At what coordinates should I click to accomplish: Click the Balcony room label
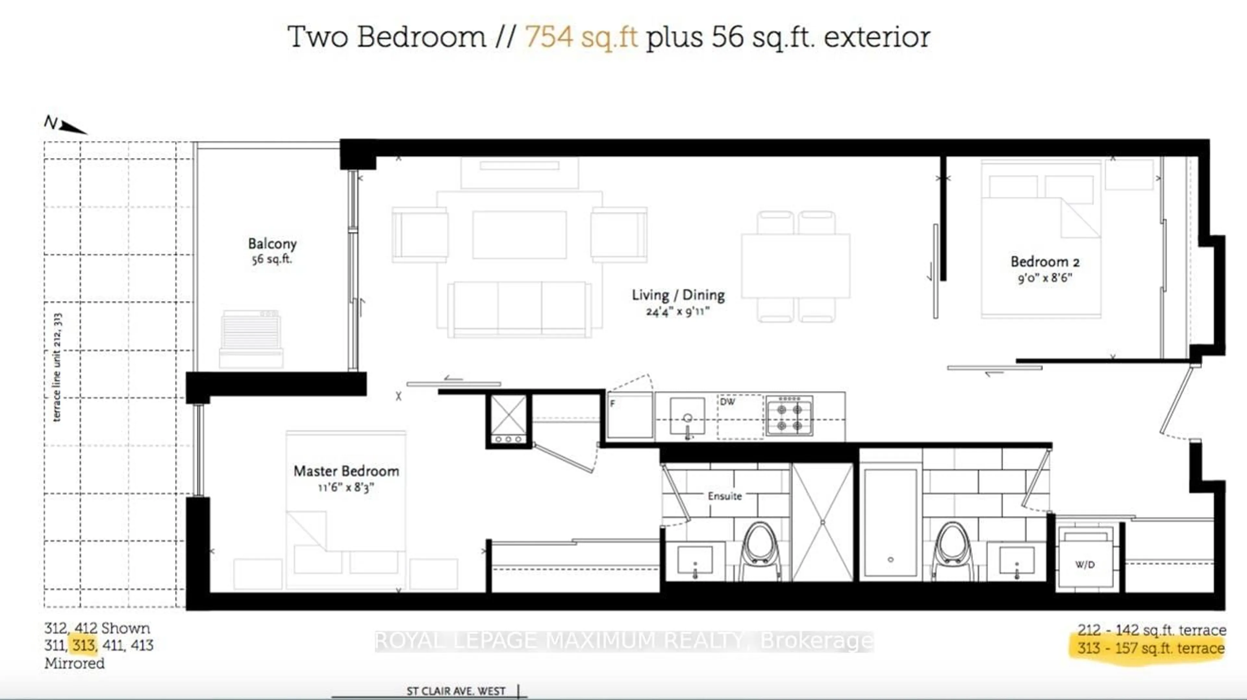[272, 244]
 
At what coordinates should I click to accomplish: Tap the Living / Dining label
[678, 295]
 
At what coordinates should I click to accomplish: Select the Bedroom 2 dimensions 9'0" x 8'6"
[1045, 278]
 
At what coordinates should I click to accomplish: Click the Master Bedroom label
[346, 471]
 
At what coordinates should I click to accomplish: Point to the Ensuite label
[725, 496]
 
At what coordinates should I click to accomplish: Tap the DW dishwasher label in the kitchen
[727, 402]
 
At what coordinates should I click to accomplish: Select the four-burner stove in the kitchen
[789, 416]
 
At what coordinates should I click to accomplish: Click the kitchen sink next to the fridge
[687, 416]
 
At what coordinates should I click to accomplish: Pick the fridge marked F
[629, 415]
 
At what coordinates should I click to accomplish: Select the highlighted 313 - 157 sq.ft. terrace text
[1151, 648]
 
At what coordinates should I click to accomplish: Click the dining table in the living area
[795, 266]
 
